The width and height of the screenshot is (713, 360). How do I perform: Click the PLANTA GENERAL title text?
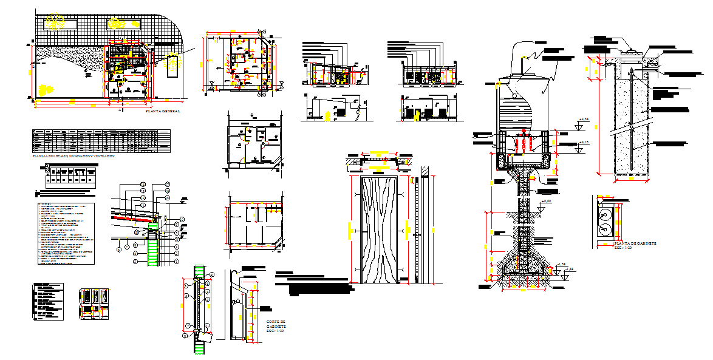click(x=163, y=112)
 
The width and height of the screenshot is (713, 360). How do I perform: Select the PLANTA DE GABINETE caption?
click(x=627, y=243)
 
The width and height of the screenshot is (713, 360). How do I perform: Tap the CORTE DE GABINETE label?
click(x=275, y=327)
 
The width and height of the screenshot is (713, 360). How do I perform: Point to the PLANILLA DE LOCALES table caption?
click(x=73, y=156)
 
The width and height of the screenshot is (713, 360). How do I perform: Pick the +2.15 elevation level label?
click(x=584, y=142)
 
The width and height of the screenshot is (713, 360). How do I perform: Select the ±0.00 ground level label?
click(x=547, y=202)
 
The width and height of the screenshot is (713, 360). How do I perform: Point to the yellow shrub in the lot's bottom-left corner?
click(x=44, y=90)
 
